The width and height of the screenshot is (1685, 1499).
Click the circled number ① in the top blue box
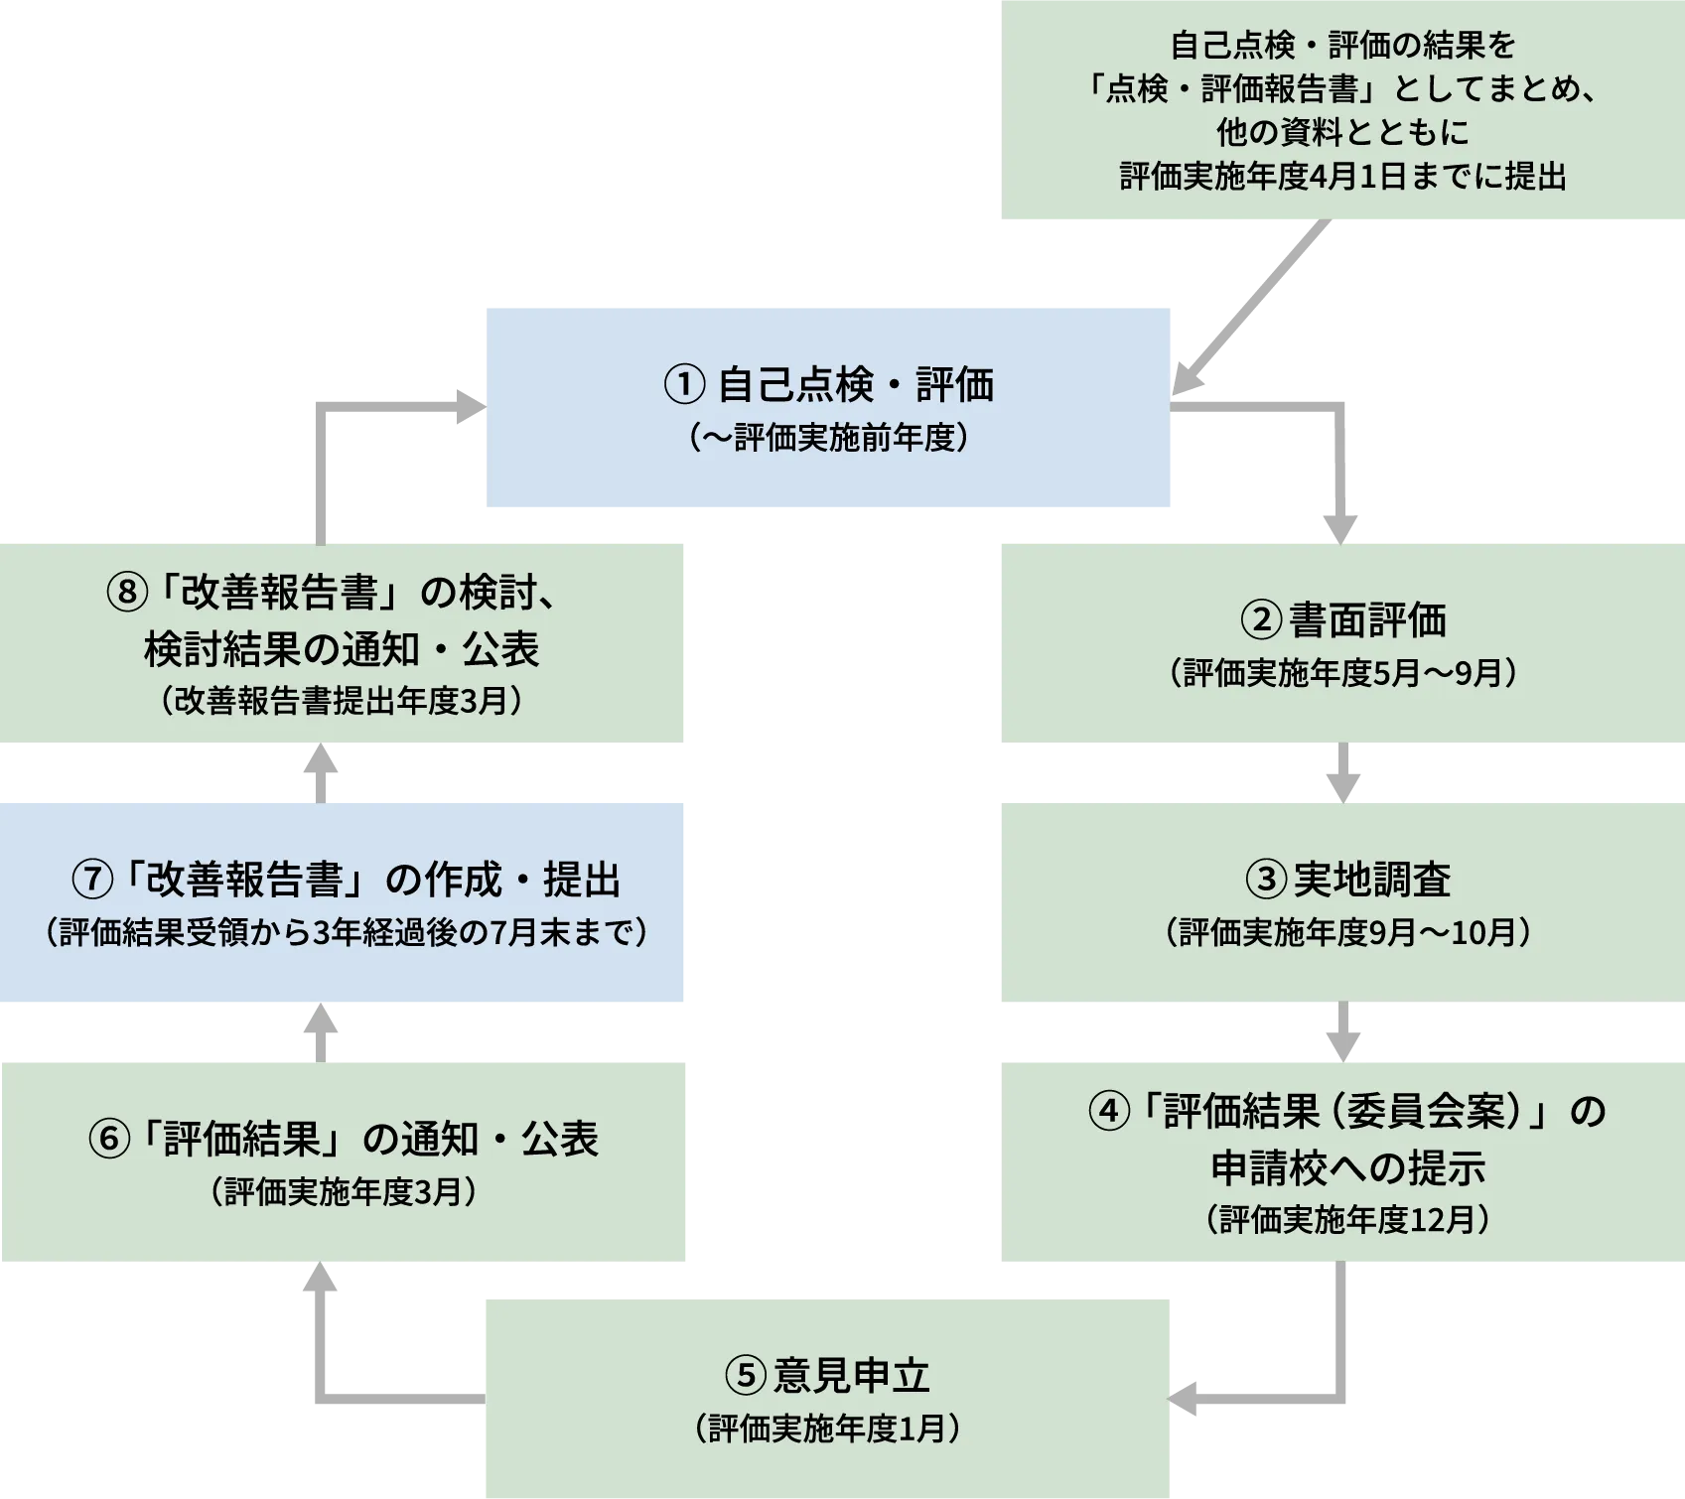pos(684,385)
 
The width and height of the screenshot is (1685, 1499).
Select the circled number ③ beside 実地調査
pos(1266,880)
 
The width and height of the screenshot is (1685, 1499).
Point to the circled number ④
pos(1109,1111)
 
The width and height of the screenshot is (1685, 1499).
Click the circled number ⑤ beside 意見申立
pos(746,1376)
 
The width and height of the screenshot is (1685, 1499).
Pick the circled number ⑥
pos(109,1139)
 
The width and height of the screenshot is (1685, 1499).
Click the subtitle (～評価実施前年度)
pos(829,438)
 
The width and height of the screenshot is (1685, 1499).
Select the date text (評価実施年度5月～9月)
pos(1343,673)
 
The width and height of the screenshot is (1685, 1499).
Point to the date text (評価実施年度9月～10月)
pos(1347,932)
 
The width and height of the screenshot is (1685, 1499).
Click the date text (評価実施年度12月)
pos(1347,1219)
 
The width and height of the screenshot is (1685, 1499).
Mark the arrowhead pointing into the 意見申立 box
pos(1186,1398)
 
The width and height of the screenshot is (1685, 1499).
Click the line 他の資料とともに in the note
pos(1342,132)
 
